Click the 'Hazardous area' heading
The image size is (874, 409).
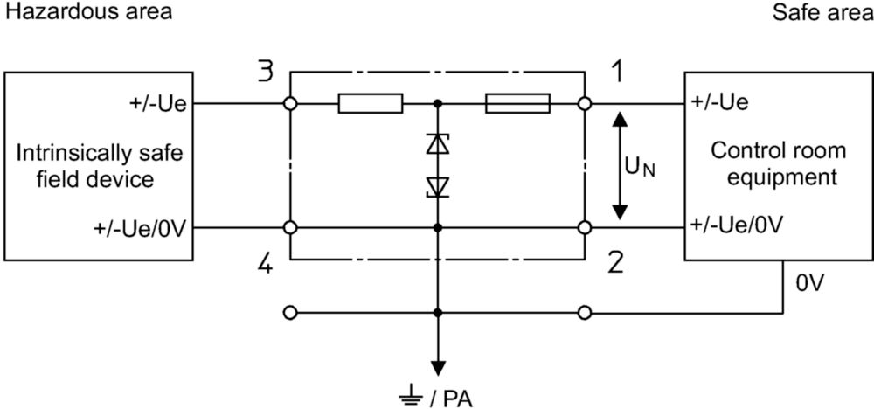point(88,11)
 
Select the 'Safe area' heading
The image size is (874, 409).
point(823,11)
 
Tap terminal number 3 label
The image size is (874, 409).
point(266,73)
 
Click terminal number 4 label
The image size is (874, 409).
point(266,264)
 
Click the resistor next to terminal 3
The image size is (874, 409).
point(370,104)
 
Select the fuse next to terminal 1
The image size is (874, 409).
point(517,104)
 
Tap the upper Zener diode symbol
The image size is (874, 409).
point(438,144)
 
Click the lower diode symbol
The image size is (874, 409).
point(438,187)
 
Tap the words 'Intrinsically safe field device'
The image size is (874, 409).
point(100,166)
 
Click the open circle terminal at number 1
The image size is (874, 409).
point(584,104)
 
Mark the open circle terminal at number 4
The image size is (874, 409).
point(290,227)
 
